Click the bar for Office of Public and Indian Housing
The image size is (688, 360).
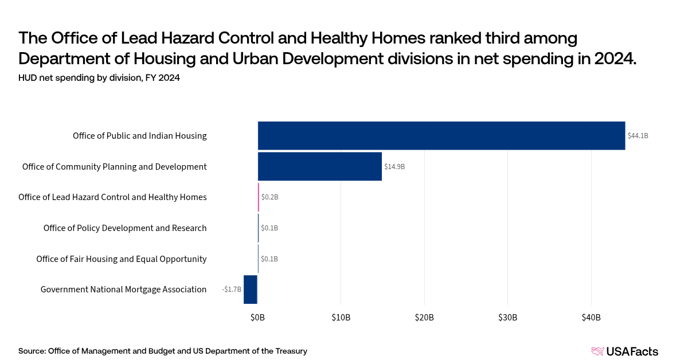(x=441, y=136)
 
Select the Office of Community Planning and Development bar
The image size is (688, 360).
(x=319, y=166)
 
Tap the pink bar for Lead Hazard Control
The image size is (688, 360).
(x=259, y=197)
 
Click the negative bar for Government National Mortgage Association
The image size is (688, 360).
(x=251, y=289)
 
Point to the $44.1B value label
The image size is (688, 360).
(x=638, y=136)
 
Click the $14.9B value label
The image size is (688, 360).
(x=394, y=167)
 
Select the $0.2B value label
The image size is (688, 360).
(x=269, y=197)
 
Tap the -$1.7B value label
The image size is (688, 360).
(x=232, y=289)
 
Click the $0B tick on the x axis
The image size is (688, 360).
(x=257, y=318)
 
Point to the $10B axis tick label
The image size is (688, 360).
(x=341, y=318)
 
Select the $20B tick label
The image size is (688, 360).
(x=424, y=318)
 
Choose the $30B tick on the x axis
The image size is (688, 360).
(x=507, y=318)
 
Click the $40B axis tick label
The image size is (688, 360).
(x=591, y=318)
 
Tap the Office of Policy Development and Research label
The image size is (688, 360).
(x=125, y=228)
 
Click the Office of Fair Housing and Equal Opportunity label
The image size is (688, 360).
(x=121, y=259)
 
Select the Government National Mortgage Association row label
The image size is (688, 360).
(x=123, y=289)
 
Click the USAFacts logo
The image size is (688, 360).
(x=624, y=351)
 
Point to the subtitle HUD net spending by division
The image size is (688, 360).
(x=99, y=79)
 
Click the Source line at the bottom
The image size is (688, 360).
(x=163, y=351)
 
